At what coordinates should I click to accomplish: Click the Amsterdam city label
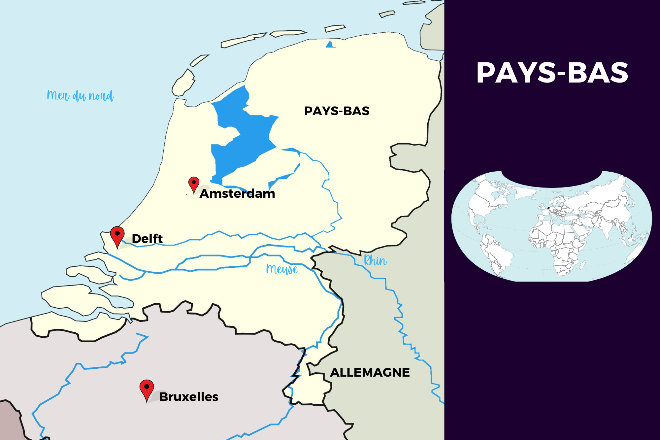(x=237, y=193)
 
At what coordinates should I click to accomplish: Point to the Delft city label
(x=147, y=239)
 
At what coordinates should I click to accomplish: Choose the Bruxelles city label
(x=189, y=397)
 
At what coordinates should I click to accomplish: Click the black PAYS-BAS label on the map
(x=337, y=111)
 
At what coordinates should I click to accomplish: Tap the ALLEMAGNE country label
(x=370, y=372)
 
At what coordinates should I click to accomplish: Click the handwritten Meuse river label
(x=282, y=269)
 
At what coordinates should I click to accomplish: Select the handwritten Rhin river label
(x=375, y=261)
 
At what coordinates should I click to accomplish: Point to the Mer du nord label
(x=80, y=96)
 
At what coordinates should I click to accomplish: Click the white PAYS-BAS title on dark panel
(x=552, y=73)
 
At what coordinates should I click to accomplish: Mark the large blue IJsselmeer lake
(x=244, y=139)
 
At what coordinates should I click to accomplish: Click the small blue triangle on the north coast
(x=330, y=45)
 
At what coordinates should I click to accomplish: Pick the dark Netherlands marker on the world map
(x=548, y=208)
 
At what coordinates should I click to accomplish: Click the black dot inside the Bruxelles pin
(x=147, y=386)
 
